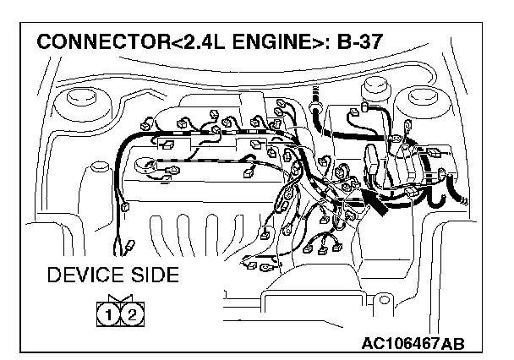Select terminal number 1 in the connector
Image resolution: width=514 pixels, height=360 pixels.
pos(109,315)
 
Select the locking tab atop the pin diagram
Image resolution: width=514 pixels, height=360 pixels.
pos(119,298)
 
